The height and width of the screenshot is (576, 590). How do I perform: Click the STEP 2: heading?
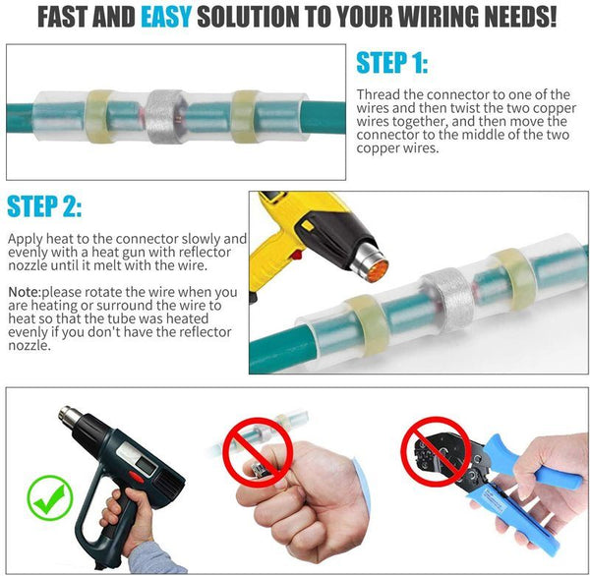point(44,207)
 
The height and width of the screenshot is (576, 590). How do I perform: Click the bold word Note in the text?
point(23,292)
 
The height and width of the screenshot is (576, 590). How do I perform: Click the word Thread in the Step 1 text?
point(380,94)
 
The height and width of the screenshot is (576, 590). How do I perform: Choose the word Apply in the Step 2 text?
point(27,239)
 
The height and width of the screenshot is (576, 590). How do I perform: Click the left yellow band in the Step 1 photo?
point(100,112)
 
